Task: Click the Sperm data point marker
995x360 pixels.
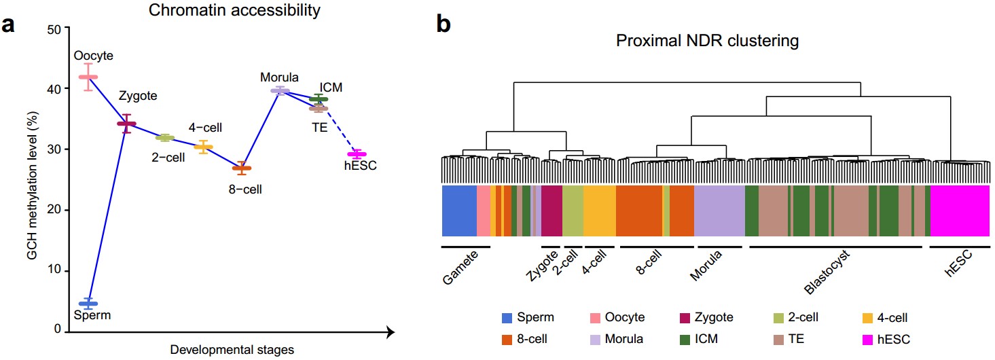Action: pyautogui.click(x=88, y=303)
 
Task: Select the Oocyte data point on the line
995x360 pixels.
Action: pyautogui.click(x=88, y=77)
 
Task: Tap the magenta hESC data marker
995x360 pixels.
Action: pyautogui.click(x=357, y=154)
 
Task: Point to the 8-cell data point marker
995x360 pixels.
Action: pyautogui.click(x=242, y=168)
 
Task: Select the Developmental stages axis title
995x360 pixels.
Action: pyautogui.click(x=232, y=350)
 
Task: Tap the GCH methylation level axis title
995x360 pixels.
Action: pyautogui.click(x=32, y=179)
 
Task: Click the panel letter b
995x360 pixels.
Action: pyautogui.click(x=443, y=24)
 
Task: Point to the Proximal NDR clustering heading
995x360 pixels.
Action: pyautogui.click(x=707, y=41)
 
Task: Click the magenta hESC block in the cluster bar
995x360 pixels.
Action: pyautogui.click(x=959, y=211)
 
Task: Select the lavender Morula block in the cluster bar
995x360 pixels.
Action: pyautogui.click(x=719, y=211)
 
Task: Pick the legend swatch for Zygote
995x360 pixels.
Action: pyautogui.click(x=686, y=317)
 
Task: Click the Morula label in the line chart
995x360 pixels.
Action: pyautogui.click(x=279, y=77)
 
